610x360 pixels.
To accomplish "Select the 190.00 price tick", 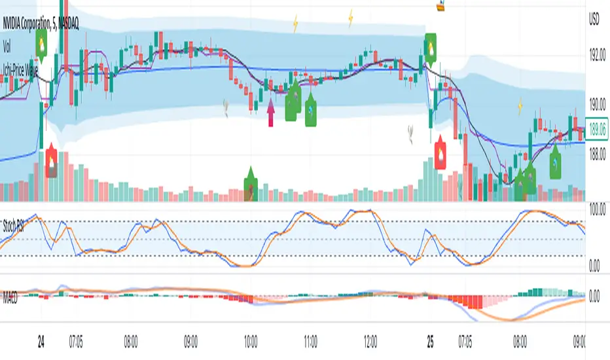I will pyautogui.click(x=598, y=103).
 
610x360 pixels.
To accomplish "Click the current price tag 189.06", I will pyautogui.click(x=598, y=130).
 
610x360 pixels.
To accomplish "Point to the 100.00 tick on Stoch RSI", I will pyautogui.click(x=598, y=207).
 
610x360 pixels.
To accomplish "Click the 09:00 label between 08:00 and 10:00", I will pyautogui.click(x=191, y=341).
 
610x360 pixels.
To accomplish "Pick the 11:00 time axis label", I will pyautogui.click(x=311, y=341).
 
